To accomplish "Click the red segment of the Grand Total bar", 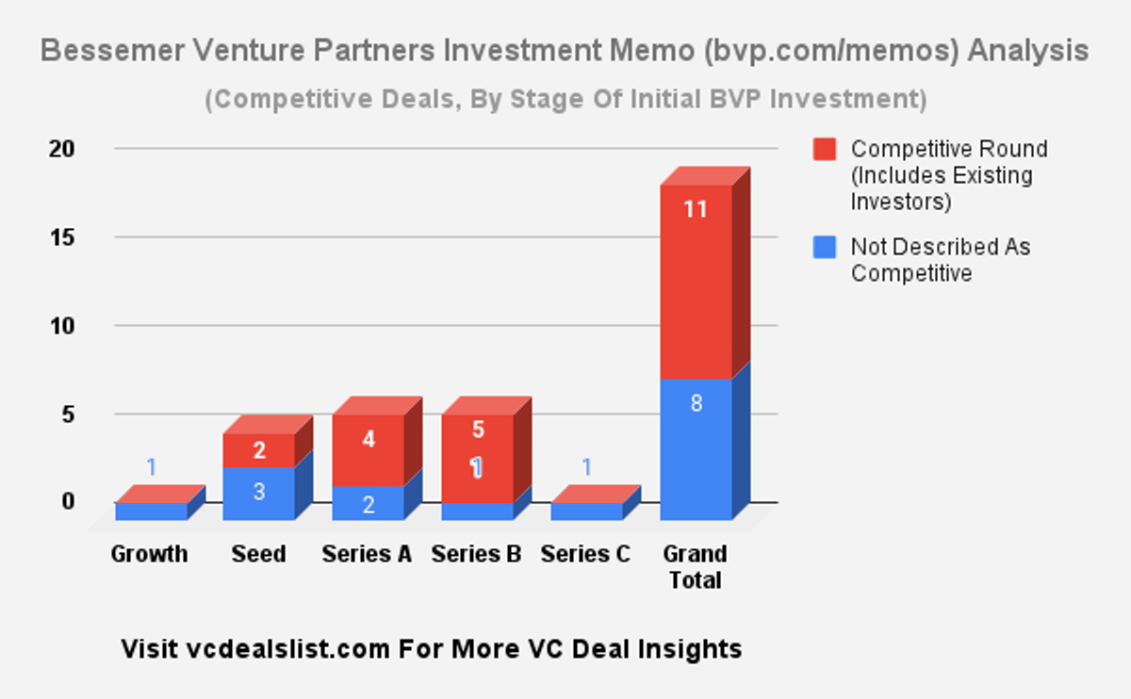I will (696, 283).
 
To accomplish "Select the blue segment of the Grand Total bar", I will (696, 447).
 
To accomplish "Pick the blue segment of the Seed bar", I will (258, 493).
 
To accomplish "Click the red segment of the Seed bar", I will (258, 450).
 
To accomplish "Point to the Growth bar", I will (151, 510).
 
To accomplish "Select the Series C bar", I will (586, 510).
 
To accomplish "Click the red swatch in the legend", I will (825, 149).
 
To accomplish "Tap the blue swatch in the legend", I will (825, 248).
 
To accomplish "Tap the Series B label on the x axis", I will (476, 554).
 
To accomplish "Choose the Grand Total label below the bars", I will (696, 566).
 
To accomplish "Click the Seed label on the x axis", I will (258, 554).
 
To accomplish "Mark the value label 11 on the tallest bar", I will (696, 209).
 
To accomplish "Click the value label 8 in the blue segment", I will (696, 404).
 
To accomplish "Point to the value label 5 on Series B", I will (478, 430).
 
